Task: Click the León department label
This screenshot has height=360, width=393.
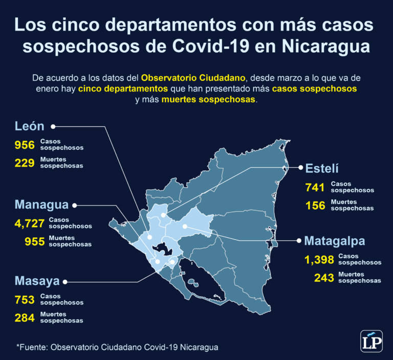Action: (30, 126)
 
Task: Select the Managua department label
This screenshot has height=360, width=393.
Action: (41, 205)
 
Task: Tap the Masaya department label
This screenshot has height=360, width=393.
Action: (37, 281)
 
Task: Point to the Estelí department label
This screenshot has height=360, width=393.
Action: (322, 168)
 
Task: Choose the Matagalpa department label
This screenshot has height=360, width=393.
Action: (335, 241)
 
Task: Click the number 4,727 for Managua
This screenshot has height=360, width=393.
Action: (30, 223)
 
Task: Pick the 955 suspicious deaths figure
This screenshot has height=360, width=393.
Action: (34, 241)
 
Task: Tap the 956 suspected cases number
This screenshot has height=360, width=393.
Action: (24, 145)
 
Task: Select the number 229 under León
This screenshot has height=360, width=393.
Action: (24, 163)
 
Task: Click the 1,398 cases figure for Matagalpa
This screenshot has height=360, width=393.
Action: (319, 260)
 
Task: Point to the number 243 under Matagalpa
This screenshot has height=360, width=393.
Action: (323, 278)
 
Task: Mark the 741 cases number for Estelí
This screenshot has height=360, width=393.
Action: (315, 187)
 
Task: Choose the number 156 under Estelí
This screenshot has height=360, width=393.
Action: (315, 205)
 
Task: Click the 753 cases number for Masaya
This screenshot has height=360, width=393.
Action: (24, 300)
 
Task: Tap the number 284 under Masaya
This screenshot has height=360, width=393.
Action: (24, 318)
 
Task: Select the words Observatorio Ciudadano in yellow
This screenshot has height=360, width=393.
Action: (194, 78)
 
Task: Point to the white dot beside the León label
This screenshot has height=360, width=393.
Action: (53, 126)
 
